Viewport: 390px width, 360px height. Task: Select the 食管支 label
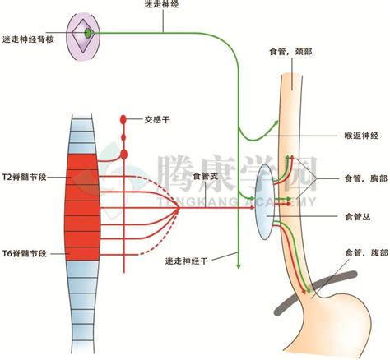pyautogui.click(x=204, y=176)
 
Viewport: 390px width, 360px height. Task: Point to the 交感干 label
pyautogui.click(x=157, y=118)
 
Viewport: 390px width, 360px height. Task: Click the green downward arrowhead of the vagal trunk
pyautogui.click(x=239, y=265)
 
